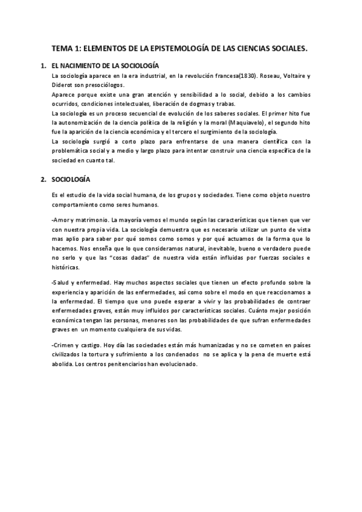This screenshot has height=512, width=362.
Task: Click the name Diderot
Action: pos(63,85)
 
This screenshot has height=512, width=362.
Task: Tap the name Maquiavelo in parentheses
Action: pos(242,122)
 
